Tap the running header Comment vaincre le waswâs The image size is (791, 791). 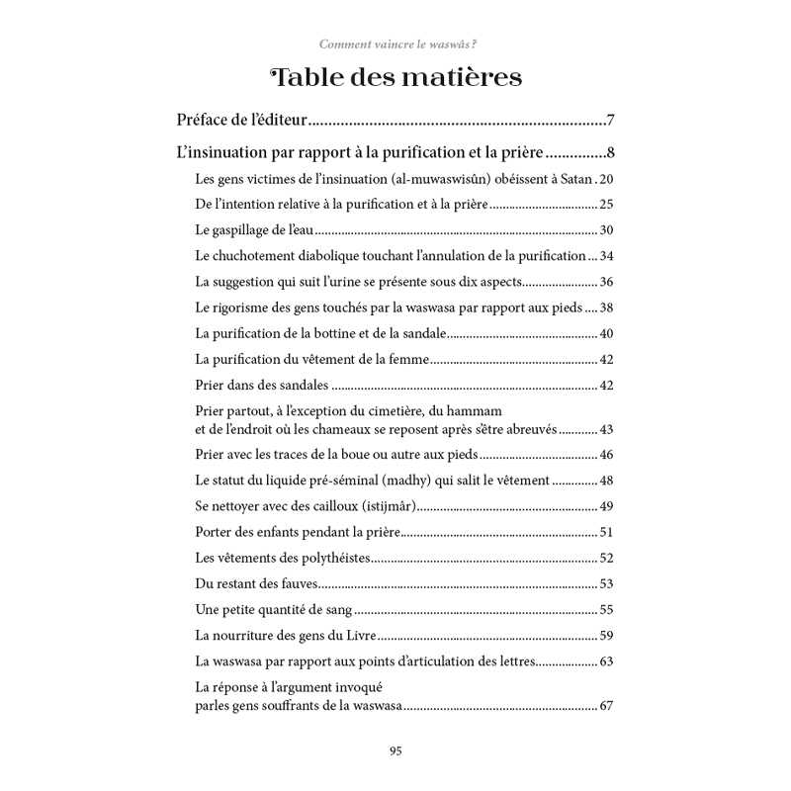coord(395,44)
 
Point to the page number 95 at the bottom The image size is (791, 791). coord(395,750)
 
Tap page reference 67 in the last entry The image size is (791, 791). coord(607,706)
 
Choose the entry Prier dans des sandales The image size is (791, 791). coord(262,384)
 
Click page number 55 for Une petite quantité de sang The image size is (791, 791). coord(607,609)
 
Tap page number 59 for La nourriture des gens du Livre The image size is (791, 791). coord(607,635)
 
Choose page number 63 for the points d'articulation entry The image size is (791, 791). coord(607,660)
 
